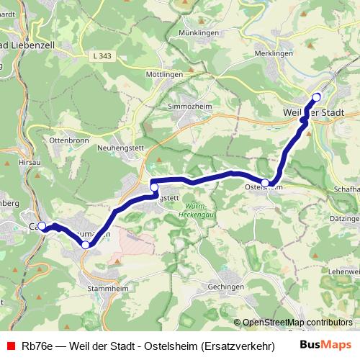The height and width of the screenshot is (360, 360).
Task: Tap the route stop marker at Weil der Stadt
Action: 316,96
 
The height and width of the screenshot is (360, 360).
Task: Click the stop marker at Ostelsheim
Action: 266,183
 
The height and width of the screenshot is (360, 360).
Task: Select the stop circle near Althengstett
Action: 154,187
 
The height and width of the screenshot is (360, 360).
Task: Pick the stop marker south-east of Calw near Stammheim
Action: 86,246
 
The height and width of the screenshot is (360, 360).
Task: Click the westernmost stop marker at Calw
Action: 42,226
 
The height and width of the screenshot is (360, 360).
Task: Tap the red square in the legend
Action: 10,345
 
